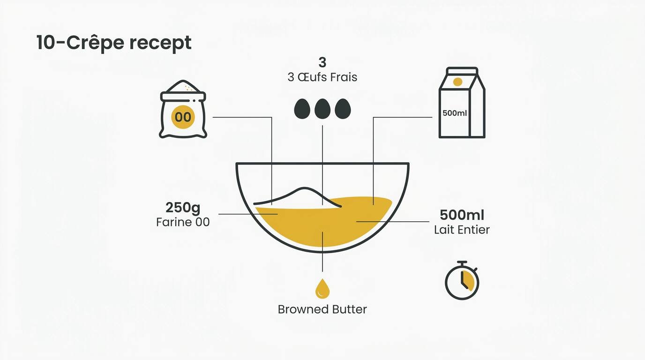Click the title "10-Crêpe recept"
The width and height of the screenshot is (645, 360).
tap(114, 43)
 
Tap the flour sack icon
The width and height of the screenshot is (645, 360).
tap(183, 109)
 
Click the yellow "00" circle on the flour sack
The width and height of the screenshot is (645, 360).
tap(183, 117)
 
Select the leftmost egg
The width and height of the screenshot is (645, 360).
tap(302, 109)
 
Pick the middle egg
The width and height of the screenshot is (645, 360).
tap(322, 109)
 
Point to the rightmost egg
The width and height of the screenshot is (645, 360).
tap(343, 109)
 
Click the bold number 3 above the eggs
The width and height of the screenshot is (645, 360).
tap(322, 62)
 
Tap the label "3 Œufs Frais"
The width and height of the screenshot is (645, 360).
tap(322, 77)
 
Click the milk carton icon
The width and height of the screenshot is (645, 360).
tap(462, 103)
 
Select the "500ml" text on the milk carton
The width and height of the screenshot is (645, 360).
tap(455, 113)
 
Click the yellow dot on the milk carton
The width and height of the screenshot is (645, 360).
tap(457, 82)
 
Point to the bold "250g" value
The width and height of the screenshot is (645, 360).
tap(183, 207)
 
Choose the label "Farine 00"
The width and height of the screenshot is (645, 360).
tap(183, 222)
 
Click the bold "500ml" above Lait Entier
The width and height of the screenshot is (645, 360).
tap(462, 215)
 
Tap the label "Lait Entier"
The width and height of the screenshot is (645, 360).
tap(462, 230)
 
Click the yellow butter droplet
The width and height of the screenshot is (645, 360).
tap(322, 289)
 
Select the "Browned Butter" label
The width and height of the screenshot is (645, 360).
tap(322, 309)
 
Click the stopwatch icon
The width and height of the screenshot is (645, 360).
tap(462, 280)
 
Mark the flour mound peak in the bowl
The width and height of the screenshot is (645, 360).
tap(305, 188)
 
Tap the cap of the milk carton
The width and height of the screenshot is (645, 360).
tap(462, 71)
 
